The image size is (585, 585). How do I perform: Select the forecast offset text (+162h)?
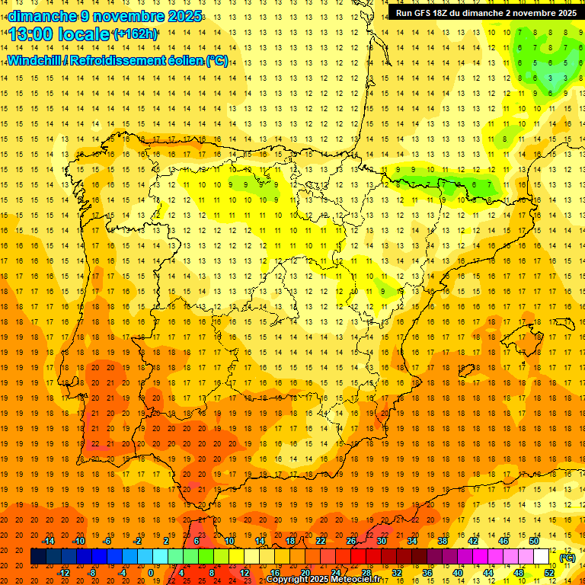(x=135, y=34)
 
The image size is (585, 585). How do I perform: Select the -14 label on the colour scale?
(x=48, y=541)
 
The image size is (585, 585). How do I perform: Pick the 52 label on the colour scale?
(x=549, y=573)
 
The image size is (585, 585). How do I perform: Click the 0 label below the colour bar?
(x=151, y=573)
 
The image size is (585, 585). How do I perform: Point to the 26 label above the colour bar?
(x=351, y=541)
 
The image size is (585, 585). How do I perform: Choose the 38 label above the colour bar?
(x=443, y=541)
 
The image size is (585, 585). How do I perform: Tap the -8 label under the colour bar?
(x=92, y=573)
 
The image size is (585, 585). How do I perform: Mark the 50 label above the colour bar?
(x=534, y=541)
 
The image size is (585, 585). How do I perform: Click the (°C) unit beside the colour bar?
(x=567, y=557)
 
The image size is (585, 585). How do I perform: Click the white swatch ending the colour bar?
(x=542, y=557)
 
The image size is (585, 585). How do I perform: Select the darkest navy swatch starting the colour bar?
(x=38, y=557)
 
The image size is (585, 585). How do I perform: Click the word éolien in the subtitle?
(x=187, y=60)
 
